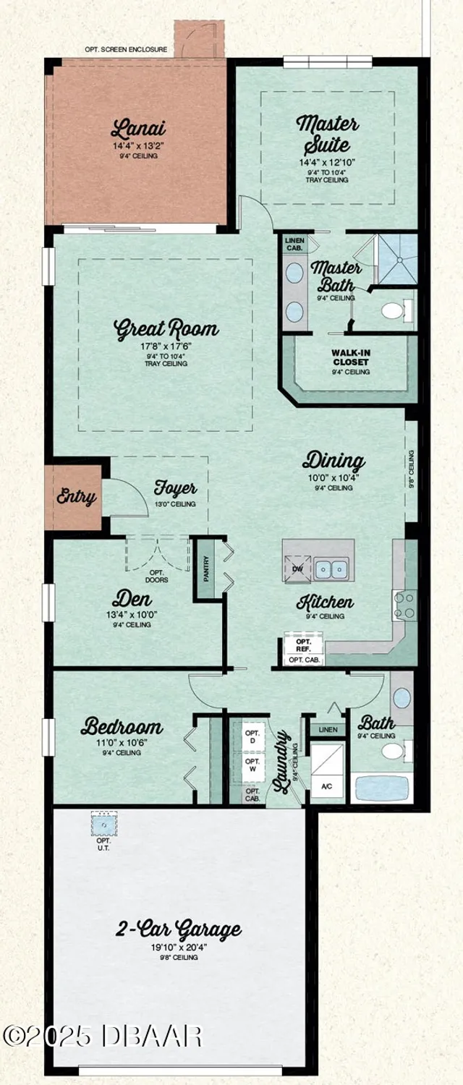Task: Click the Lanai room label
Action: [x=138, y=130]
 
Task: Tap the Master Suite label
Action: [x=327, y=134]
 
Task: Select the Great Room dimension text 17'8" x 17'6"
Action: [x=166, y=346]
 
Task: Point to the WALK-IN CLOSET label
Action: [x=350, y=357]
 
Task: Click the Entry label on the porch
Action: [x=76, y=498]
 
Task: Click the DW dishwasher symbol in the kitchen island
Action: [x=297, y=568]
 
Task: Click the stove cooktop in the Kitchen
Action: [x=404, y=605]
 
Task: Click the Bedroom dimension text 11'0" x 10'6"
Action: [x=121, y=743]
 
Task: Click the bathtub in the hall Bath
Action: [x=381, y=788]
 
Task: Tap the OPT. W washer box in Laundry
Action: [x=252, y=765]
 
